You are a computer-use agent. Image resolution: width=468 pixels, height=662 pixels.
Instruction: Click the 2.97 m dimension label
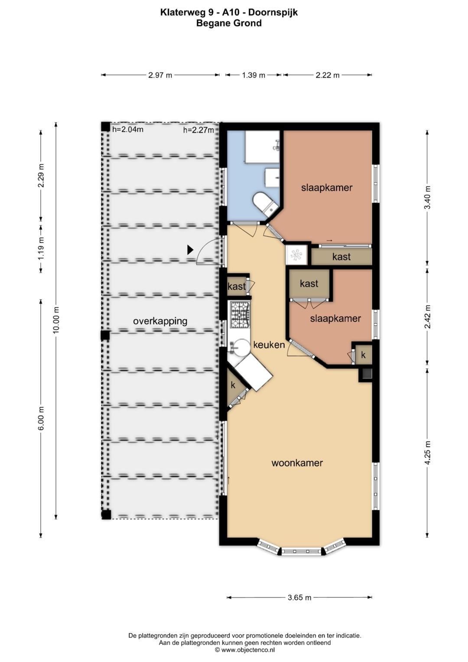(x=160, y=75)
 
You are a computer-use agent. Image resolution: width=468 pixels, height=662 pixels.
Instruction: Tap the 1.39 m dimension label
(x=253, y=75)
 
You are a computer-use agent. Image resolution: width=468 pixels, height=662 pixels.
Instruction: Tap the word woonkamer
(x=297, y=463)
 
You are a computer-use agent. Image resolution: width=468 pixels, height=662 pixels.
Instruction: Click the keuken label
(x=269, y=345)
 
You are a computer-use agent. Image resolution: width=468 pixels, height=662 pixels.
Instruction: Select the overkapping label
(x=160, y=321)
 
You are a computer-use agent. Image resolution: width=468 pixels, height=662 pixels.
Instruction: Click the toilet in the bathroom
(x=264, y=203)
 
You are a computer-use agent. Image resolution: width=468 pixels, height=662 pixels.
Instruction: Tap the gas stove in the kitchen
(x=240, y=314)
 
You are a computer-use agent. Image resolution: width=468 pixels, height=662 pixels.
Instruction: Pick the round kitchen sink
(x=240, y=348)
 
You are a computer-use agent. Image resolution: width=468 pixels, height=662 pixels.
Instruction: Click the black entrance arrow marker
(x=190, y=250)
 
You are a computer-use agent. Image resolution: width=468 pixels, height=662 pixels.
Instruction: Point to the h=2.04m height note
(x=128, y=129)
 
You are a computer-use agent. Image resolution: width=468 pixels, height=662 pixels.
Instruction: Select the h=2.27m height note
(x=198, y=130)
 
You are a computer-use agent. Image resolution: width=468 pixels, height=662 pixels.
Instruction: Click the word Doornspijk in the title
(x=273, y=13)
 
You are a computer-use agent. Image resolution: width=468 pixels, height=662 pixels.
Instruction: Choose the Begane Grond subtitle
(x=229, y=23)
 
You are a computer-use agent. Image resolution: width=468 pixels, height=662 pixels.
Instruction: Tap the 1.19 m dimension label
(x=41, y=248)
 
